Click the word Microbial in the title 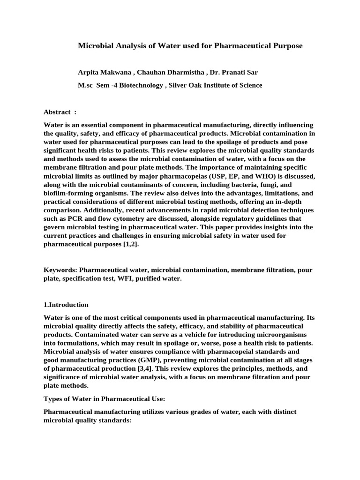(x=95, y=45)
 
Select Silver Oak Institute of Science (x=215, y=85)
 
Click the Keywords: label (x=60, y=270)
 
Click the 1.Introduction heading (x=66, y=305)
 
